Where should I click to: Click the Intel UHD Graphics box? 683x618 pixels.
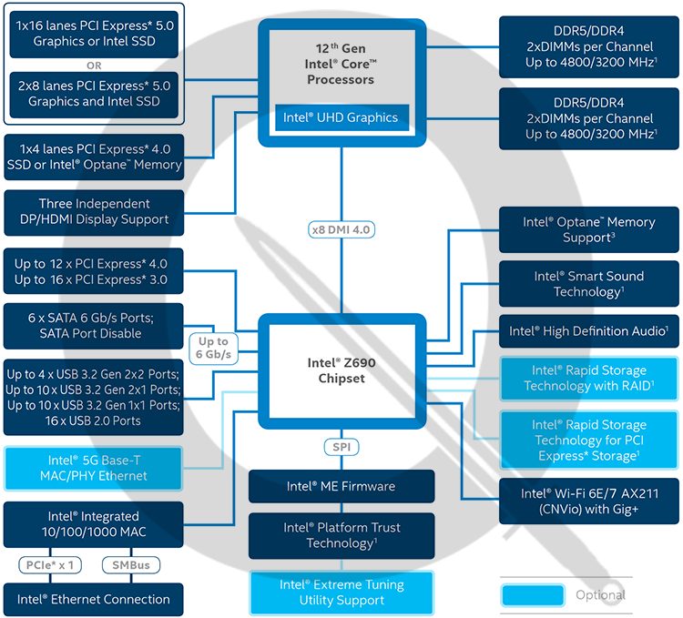[341, 117]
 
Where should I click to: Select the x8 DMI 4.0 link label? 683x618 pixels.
[341, 229]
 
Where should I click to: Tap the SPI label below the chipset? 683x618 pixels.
[341, 447]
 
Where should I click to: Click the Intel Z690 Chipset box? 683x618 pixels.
[341, 370]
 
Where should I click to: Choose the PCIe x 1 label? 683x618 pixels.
[50, 565]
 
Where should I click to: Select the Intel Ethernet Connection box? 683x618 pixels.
[94, 599]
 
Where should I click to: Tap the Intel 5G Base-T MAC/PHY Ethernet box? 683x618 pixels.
[94, 467]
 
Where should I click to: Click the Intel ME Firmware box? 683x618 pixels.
[341, 486]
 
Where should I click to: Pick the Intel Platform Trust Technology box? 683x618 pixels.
[341, 535]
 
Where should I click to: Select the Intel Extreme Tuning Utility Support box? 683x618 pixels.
[341, 592]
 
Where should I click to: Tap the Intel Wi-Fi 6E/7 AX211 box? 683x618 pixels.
[588, 501]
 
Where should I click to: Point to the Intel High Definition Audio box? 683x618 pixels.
[588, 331]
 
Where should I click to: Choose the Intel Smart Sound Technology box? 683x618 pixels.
[588, 284]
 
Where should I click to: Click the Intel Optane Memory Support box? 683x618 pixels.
[588, 229]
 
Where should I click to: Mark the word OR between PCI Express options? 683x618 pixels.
[94, 65]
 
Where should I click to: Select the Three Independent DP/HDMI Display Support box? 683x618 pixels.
[94, 211]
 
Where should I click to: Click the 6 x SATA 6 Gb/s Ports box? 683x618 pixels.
[94, 326]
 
